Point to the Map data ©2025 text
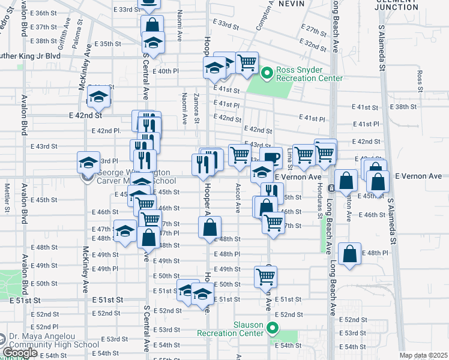[x=423, y=356]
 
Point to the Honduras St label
[x=314, y=194]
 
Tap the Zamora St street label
[x=197, y=109]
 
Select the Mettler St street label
[x=7, y=198]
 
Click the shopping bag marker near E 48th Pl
[x=350, y=254]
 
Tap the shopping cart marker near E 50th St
[x=265, y=277]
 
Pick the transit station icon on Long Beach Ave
[x=331, y=188]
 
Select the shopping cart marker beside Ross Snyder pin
[x=247, y=63]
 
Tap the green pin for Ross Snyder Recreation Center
[x=268, y=74]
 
